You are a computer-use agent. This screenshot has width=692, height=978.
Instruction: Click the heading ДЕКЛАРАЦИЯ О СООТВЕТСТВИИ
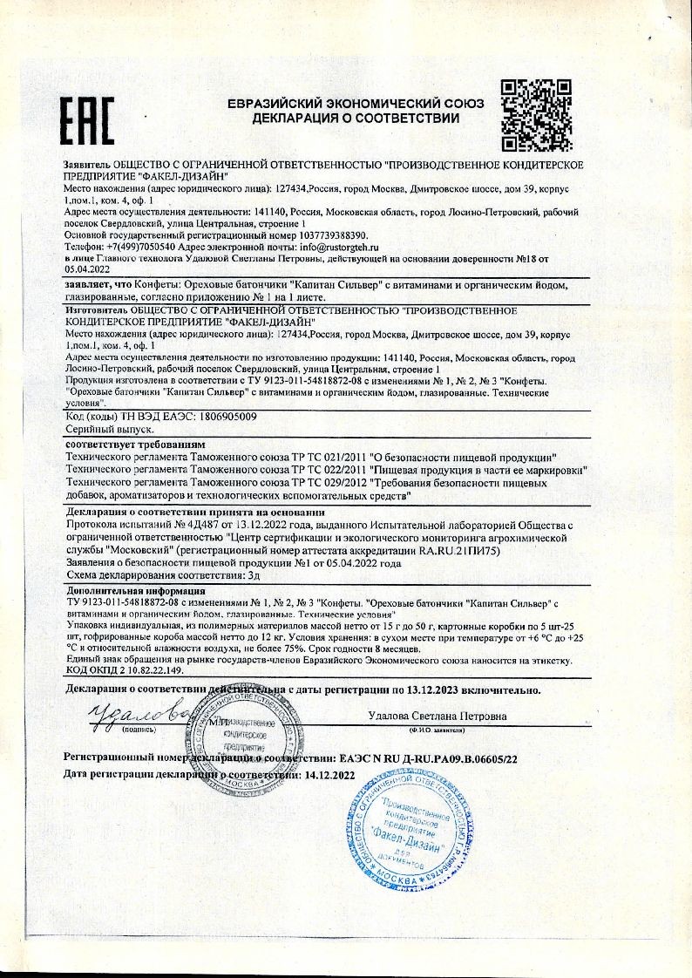tap(355, 118)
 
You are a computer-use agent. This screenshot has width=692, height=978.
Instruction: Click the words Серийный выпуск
tap(111, 430)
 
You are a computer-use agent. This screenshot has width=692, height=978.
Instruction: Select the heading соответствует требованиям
tap(134, 445)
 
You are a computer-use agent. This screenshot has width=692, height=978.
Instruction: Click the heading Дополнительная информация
tap(133, 590)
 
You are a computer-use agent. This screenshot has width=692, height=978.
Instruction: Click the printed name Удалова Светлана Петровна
tap(438, 716)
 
